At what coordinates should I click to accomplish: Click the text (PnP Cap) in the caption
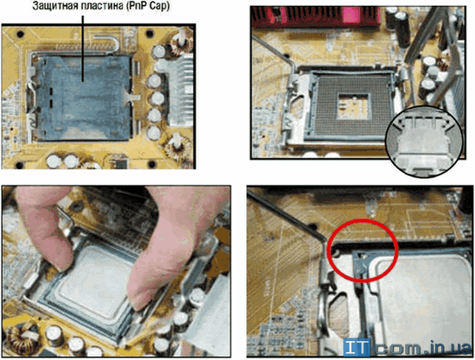click(x=147, y=6)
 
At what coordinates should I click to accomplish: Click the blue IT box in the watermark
click(x=356, y=347)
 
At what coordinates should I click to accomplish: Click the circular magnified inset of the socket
click(x=425, y=141)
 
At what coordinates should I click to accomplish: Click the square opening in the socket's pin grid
click(x=353, y=105)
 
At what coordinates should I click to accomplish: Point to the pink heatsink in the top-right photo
click(x=315, y=16)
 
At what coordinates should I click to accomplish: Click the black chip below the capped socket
click(x=119, y=161)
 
